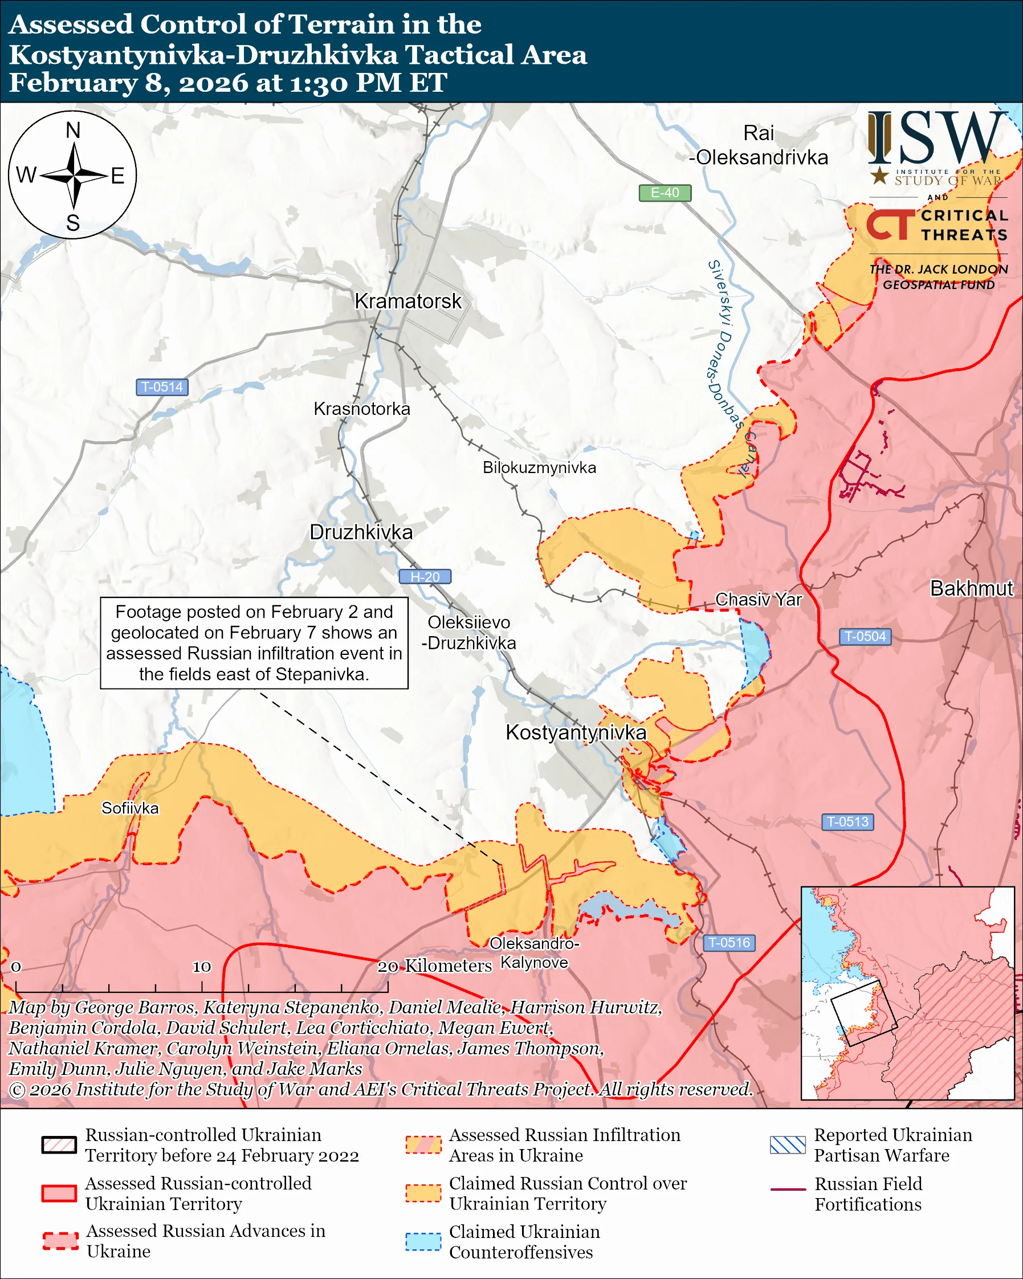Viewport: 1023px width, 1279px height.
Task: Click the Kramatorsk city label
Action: [407, 302]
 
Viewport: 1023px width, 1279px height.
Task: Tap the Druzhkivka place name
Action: [361, 532]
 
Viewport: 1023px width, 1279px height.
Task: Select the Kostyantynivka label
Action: [575, 732]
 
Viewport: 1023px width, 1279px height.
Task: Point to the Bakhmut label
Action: [971, 588]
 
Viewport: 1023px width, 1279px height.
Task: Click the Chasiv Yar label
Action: [758, 600]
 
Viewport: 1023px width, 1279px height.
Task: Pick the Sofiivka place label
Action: [130, 809]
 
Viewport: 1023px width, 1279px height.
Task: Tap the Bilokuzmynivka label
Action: [539, 468]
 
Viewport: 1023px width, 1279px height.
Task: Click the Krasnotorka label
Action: [362, 409]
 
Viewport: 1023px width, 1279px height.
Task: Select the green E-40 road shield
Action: [665, 193]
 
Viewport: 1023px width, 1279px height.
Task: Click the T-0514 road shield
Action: [162, 388]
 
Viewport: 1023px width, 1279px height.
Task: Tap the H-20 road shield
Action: [425, 577]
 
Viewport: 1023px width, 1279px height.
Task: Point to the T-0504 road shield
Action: [865, 637]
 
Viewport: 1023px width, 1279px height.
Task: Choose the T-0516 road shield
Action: [729, 943]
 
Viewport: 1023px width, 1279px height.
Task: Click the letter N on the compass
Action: [73, 130]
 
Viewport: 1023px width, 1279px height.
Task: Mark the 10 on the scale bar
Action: [202, 967]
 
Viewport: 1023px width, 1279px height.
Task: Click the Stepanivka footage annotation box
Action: [254, 643]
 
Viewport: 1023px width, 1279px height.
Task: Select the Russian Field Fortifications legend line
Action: [788, 1190]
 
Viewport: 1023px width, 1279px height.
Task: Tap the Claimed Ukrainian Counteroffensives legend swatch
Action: [423, 1242]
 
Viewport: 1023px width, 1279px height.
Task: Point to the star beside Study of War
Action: [879, 176]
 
